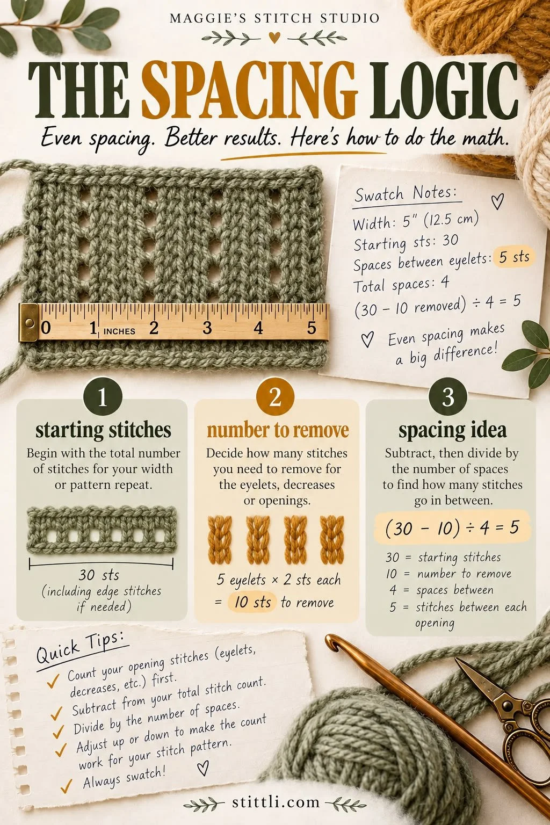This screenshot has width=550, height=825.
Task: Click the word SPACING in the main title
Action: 249,91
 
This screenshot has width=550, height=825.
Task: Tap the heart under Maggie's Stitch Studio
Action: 274,38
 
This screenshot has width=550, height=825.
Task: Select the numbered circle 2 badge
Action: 275,397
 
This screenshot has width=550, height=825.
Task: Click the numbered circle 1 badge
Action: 103,397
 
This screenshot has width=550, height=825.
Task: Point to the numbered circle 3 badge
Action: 447,397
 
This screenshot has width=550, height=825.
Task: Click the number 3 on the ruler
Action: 207,328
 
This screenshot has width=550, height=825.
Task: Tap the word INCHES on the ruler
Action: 119,331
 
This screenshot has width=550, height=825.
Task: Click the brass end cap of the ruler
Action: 28,323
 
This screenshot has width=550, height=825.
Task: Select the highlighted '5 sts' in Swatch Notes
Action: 514,257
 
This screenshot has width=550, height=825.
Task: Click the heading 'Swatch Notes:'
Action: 406,193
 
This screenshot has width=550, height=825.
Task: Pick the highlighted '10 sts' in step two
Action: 252,602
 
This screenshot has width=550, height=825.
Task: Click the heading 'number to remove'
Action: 277,430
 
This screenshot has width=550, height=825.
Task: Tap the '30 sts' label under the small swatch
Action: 99,575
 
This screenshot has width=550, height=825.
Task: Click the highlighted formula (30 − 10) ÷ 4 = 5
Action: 452,528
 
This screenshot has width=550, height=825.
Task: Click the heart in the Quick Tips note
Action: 202,768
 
